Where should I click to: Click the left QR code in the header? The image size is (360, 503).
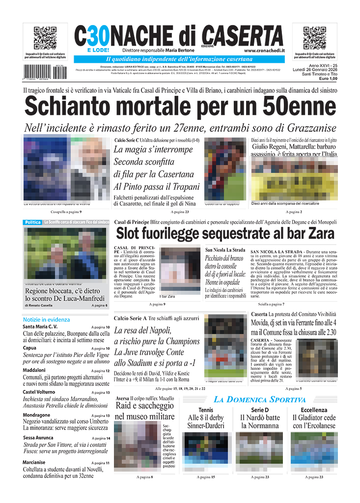(45, 38)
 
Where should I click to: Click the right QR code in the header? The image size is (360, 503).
(314, 38)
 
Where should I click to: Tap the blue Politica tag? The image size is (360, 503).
(33, 223)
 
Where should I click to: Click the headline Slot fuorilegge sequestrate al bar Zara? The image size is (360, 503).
(225, 233)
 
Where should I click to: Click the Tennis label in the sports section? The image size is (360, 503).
(206, 410)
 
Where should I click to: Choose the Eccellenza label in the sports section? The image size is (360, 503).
(314, 410)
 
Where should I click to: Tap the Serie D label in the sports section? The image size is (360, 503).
(260, 410)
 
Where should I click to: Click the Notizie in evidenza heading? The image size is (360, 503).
(46, 319)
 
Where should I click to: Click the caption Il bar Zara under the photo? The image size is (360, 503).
(167, 297)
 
